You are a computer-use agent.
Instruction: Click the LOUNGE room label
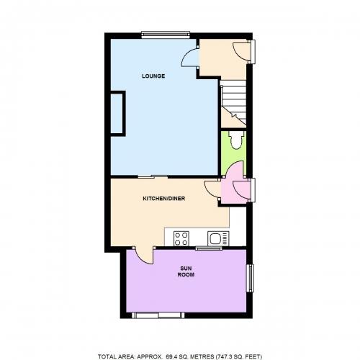(x=153, y=76)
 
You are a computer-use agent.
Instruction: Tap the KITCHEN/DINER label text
(x=164, y=199)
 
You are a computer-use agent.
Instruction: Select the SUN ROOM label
(x=186, y=271)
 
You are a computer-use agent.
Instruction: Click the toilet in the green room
(x=236, y=140)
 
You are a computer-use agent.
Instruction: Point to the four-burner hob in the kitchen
(x=181, y=238)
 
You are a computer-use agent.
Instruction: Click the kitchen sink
(x=218, y=238)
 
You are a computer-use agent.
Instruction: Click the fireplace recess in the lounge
(x=117, y=114)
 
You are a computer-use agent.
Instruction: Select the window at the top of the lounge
(x=166, y=35)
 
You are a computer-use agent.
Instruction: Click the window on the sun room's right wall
(x=251, y=278)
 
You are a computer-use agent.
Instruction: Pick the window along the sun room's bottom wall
(x=158, y=315)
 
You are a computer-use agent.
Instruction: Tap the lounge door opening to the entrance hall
(x=190, y=57)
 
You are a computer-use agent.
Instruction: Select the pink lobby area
(x=235, y=189)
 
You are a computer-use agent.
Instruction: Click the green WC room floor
(x=233, y=153)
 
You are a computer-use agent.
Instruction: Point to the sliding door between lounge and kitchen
(x=153, y=177)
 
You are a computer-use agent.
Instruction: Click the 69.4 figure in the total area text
(x=171, y=356)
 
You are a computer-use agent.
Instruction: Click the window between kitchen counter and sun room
(x=209, y=248)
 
